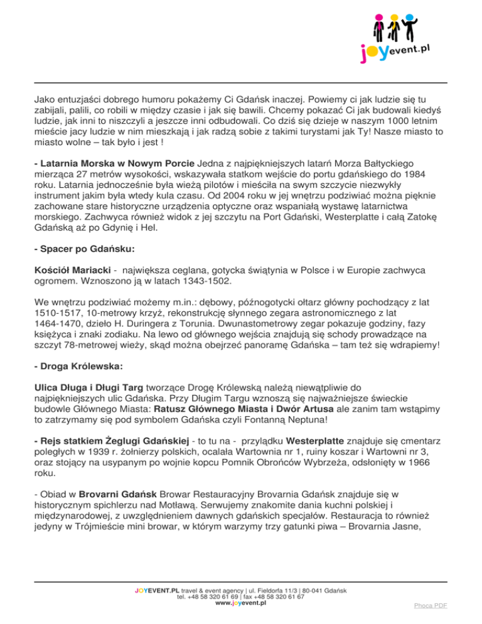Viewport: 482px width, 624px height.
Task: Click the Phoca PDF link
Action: (x=431, y=606)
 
